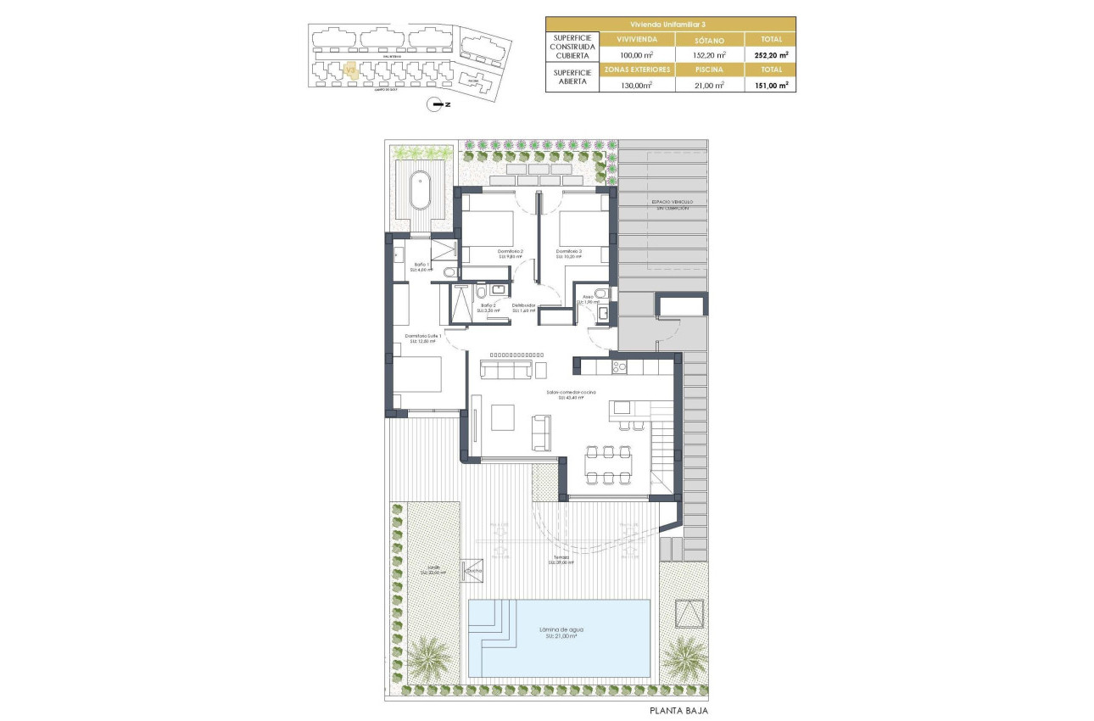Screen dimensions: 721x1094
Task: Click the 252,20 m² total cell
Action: (x=770, y=54)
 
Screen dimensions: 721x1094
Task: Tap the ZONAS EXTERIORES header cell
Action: (x=637, y=70)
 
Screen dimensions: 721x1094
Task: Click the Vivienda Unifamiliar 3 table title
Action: (x=669, y=24)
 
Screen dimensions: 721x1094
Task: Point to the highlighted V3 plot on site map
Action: (x=351, y=71)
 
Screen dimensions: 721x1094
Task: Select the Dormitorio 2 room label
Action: (x=510, y=251)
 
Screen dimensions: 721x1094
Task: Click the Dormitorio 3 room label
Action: (x=570, y=251)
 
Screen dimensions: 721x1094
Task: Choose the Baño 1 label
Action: (x=422, y=265)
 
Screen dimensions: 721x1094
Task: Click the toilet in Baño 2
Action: (x=480, y=292)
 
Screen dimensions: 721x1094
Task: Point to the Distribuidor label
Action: (x=522, y=306)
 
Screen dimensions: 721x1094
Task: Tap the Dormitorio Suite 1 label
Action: (x=425, y=338)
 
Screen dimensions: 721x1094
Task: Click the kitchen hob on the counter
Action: (x=618, y=367)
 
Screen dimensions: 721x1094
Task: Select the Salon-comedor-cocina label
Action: (x=571, y=393)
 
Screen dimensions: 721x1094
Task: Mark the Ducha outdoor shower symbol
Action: (x=472, y=570)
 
